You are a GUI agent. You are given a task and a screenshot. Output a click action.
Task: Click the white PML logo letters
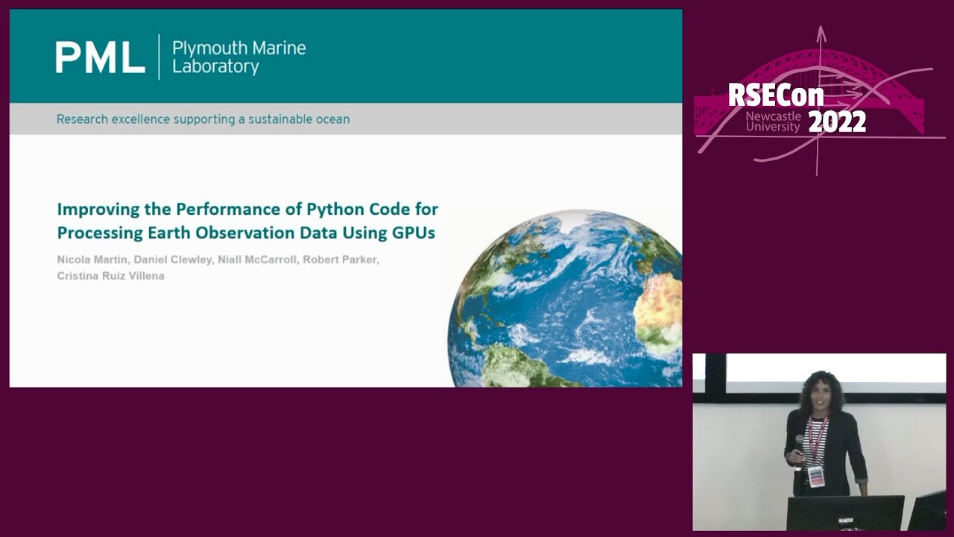click(100, 57)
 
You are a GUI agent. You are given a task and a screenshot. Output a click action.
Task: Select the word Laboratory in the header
click(215, 67)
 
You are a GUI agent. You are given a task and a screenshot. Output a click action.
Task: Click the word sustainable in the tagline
click(277, 119)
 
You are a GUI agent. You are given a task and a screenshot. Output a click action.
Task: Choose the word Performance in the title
click(233, 209)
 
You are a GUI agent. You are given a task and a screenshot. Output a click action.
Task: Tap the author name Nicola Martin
click(91, 260)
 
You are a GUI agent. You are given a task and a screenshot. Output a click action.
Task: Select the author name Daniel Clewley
click(171, 260)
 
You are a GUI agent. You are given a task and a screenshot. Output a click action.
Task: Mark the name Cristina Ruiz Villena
click(110, 276)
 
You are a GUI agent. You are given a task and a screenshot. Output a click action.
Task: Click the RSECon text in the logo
click(775, 95)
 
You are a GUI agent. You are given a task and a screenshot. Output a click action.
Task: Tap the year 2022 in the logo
click(837, 122)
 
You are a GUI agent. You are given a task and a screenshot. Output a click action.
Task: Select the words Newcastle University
click(773, 122)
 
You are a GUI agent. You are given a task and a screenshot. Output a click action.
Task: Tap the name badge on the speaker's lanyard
click(815, 476)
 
